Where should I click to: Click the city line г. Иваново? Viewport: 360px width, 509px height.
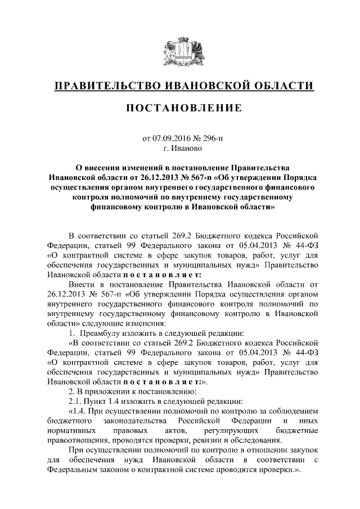(179, 148)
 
